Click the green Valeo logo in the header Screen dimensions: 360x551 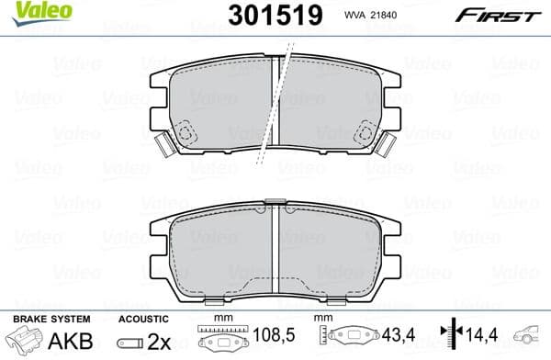click(x=28, y=12)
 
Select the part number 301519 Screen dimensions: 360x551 click(x=266, y=15)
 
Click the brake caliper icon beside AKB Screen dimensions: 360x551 click(x=25, y=342)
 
